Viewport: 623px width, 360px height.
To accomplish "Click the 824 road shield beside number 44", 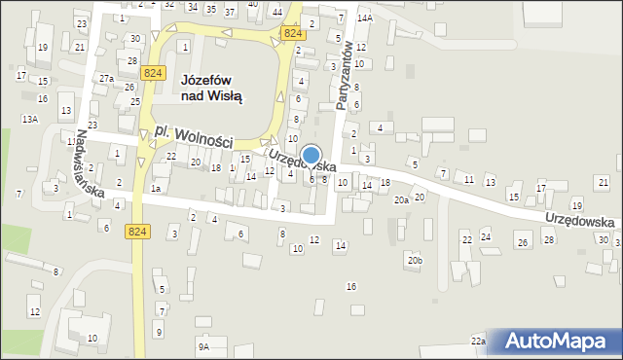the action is click(292, 33).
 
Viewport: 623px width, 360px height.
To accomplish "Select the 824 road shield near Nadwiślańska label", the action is click(137, 230).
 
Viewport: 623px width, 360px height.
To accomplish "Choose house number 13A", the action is click(30, 119).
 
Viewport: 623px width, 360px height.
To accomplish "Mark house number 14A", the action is click(365, 18).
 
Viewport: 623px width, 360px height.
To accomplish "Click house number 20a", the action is click(401, 199).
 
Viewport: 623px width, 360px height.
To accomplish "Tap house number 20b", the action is click(416, 260).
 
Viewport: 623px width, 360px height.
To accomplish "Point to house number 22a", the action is click(478, 341).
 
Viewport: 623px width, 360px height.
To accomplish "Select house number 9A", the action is click(203, 345).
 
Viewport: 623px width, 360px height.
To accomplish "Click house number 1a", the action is click(156, 189).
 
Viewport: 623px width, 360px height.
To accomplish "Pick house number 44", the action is click(277, 12).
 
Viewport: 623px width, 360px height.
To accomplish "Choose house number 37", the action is click(230, 12).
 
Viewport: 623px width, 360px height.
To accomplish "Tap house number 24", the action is click(486, 237).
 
